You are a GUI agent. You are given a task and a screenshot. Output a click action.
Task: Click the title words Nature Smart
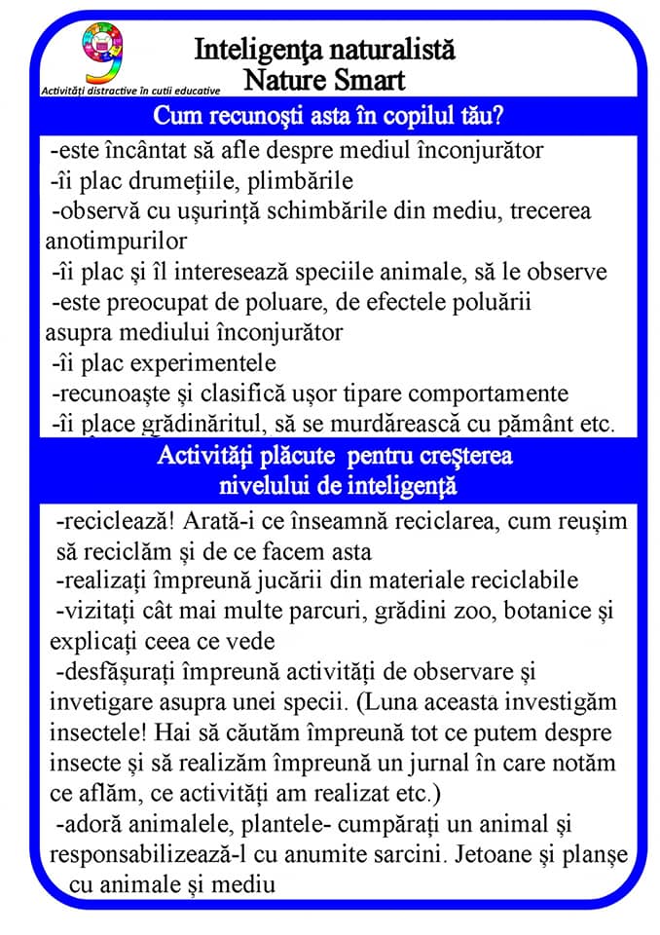coord(324,78)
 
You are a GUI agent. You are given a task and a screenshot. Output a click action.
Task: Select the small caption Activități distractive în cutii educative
coord(130,90)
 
